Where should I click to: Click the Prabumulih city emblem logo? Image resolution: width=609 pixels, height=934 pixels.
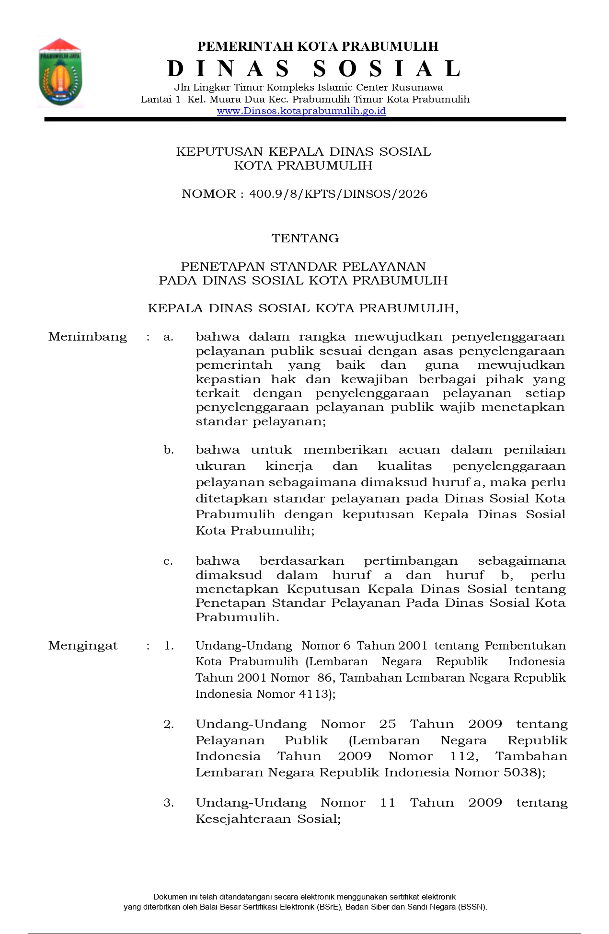(60, 72)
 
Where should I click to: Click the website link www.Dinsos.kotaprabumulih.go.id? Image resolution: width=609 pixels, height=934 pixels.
(301, 111)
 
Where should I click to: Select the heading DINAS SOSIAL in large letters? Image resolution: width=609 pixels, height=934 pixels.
(314, 69)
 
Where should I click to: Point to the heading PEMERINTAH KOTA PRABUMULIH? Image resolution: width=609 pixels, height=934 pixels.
(318, 46)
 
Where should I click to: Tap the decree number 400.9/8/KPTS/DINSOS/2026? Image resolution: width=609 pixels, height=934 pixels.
(338, 194)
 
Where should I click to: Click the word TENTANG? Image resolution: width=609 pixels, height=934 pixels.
(305, 239)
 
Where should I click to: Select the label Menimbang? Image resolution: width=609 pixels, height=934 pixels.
(88, 337)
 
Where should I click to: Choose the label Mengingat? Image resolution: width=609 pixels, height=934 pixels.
(83, 646)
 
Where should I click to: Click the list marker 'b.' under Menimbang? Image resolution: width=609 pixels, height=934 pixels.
(168, 450)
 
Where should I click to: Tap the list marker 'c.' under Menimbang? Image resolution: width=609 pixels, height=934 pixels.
(168, 561)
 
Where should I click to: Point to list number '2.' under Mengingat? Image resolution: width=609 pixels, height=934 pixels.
(169, 724)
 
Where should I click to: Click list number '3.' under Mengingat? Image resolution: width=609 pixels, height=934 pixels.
(169, 803)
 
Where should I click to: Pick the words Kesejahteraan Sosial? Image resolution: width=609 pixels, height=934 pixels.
(267, 819)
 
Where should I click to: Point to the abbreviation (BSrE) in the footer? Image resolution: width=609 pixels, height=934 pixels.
(327, 907)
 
